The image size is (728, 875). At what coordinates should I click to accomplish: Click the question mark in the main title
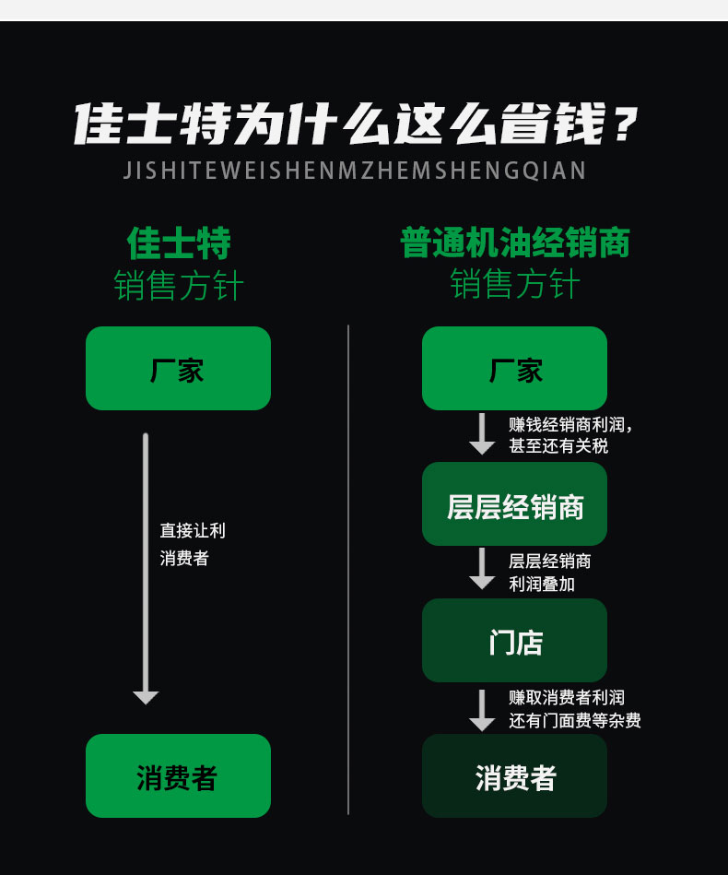point(624,124)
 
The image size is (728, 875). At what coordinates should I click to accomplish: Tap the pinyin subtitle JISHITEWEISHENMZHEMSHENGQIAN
point(355,171)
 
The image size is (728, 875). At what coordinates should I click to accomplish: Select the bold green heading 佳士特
point(179,243)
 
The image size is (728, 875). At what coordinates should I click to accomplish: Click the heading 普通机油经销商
point(515,242)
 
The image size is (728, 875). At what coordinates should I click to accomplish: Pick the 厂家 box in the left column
point(178,368)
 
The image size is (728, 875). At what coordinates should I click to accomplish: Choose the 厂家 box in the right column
point(514,368)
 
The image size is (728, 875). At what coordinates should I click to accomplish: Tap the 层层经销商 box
point(514,504)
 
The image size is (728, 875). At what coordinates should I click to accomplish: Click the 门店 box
point(514,640)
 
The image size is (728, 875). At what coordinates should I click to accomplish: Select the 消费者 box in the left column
point(178,775)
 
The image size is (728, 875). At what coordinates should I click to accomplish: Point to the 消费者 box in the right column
point(514,775)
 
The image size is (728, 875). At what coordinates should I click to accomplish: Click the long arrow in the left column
point(146,569)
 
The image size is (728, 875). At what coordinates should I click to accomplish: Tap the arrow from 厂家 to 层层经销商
point(482,434)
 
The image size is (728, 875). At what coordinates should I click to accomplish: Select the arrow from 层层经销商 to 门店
point(482,569)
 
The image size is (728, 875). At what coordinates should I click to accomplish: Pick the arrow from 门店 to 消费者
point(482,710)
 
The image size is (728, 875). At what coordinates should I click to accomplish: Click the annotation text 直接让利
point(193,530)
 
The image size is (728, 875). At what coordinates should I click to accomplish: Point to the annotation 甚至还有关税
point(558,446)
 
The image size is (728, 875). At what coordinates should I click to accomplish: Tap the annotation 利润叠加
point(542,584)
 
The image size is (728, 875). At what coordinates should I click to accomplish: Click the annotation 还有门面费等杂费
point(575,720)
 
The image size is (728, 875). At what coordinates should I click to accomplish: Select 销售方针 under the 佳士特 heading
point(179,285)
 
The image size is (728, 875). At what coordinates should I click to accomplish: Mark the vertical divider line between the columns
point(348,570)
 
